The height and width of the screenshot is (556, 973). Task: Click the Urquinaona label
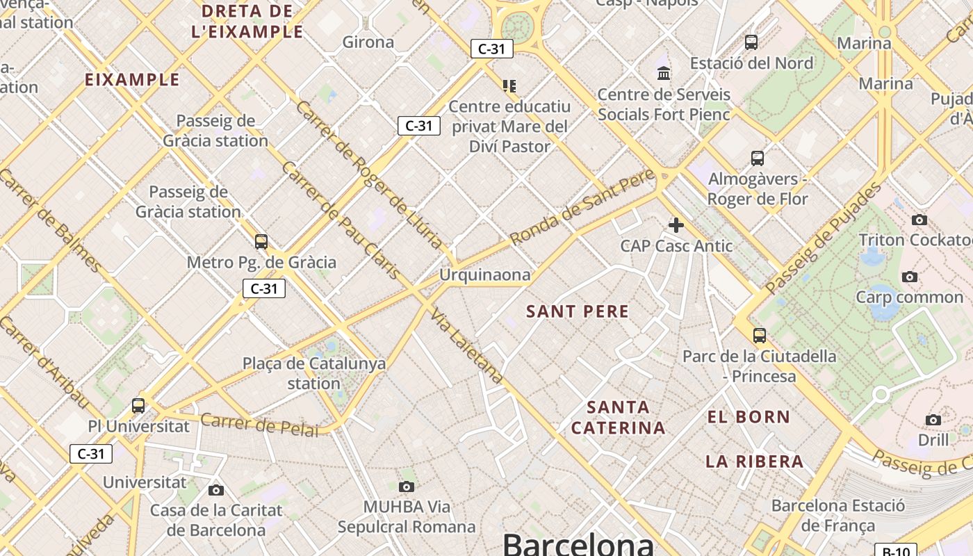[484, 275]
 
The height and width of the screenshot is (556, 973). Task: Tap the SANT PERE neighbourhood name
[578, 311]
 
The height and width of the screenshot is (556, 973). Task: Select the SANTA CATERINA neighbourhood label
[618, 417]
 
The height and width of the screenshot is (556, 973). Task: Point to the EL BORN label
[749, 417]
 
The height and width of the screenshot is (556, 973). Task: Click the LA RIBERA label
[754, 461]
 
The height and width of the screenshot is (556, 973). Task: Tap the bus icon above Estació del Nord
[751, 42]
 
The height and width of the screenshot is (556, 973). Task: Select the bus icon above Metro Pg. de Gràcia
[261, 242]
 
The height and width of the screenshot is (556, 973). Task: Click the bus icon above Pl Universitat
[138, 405]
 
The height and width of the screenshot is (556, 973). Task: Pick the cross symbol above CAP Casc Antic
[676, 224]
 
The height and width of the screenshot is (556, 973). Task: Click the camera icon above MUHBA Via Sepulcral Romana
[407, 486]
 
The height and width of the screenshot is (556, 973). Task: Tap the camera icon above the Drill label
[933, 420]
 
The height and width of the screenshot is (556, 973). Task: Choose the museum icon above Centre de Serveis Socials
[664, 73]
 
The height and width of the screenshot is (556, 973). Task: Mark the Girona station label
[368, 42]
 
